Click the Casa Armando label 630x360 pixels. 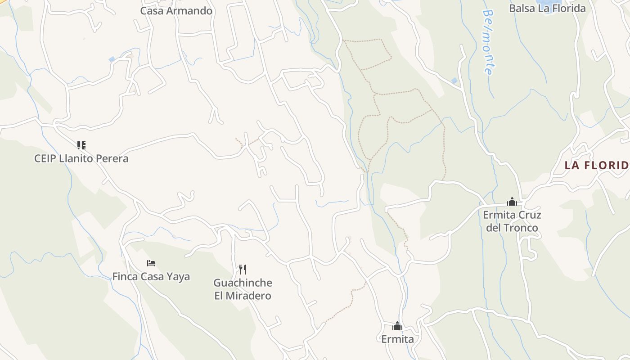[176, 11]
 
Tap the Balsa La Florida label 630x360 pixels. [547, 8]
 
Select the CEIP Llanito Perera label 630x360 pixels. [81, 158]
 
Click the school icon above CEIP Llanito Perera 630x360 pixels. [81, 145]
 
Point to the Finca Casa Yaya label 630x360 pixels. [151, 276]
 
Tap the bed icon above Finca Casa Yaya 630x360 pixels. [151, 263]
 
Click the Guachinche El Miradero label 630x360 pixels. [243, 289]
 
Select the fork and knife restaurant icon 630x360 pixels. [243, 270]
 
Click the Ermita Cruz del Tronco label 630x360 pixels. [512, 221]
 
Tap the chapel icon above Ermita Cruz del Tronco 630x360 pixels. [512, 202]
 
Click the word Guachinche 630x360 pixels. [243, 283]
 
